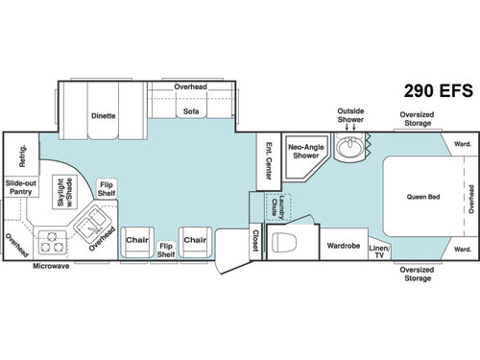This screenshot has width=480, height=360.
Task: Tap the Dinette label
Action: point(104,116)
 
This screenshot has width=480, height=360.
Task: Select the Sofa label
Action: point(190,111)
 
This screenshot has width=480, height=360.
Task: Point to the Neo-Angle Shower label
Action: point(304,149)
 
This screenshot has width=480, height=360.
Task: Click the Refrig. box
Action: point(16,154)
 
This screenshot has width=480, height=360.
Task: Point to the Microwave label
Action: point(51,265)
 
